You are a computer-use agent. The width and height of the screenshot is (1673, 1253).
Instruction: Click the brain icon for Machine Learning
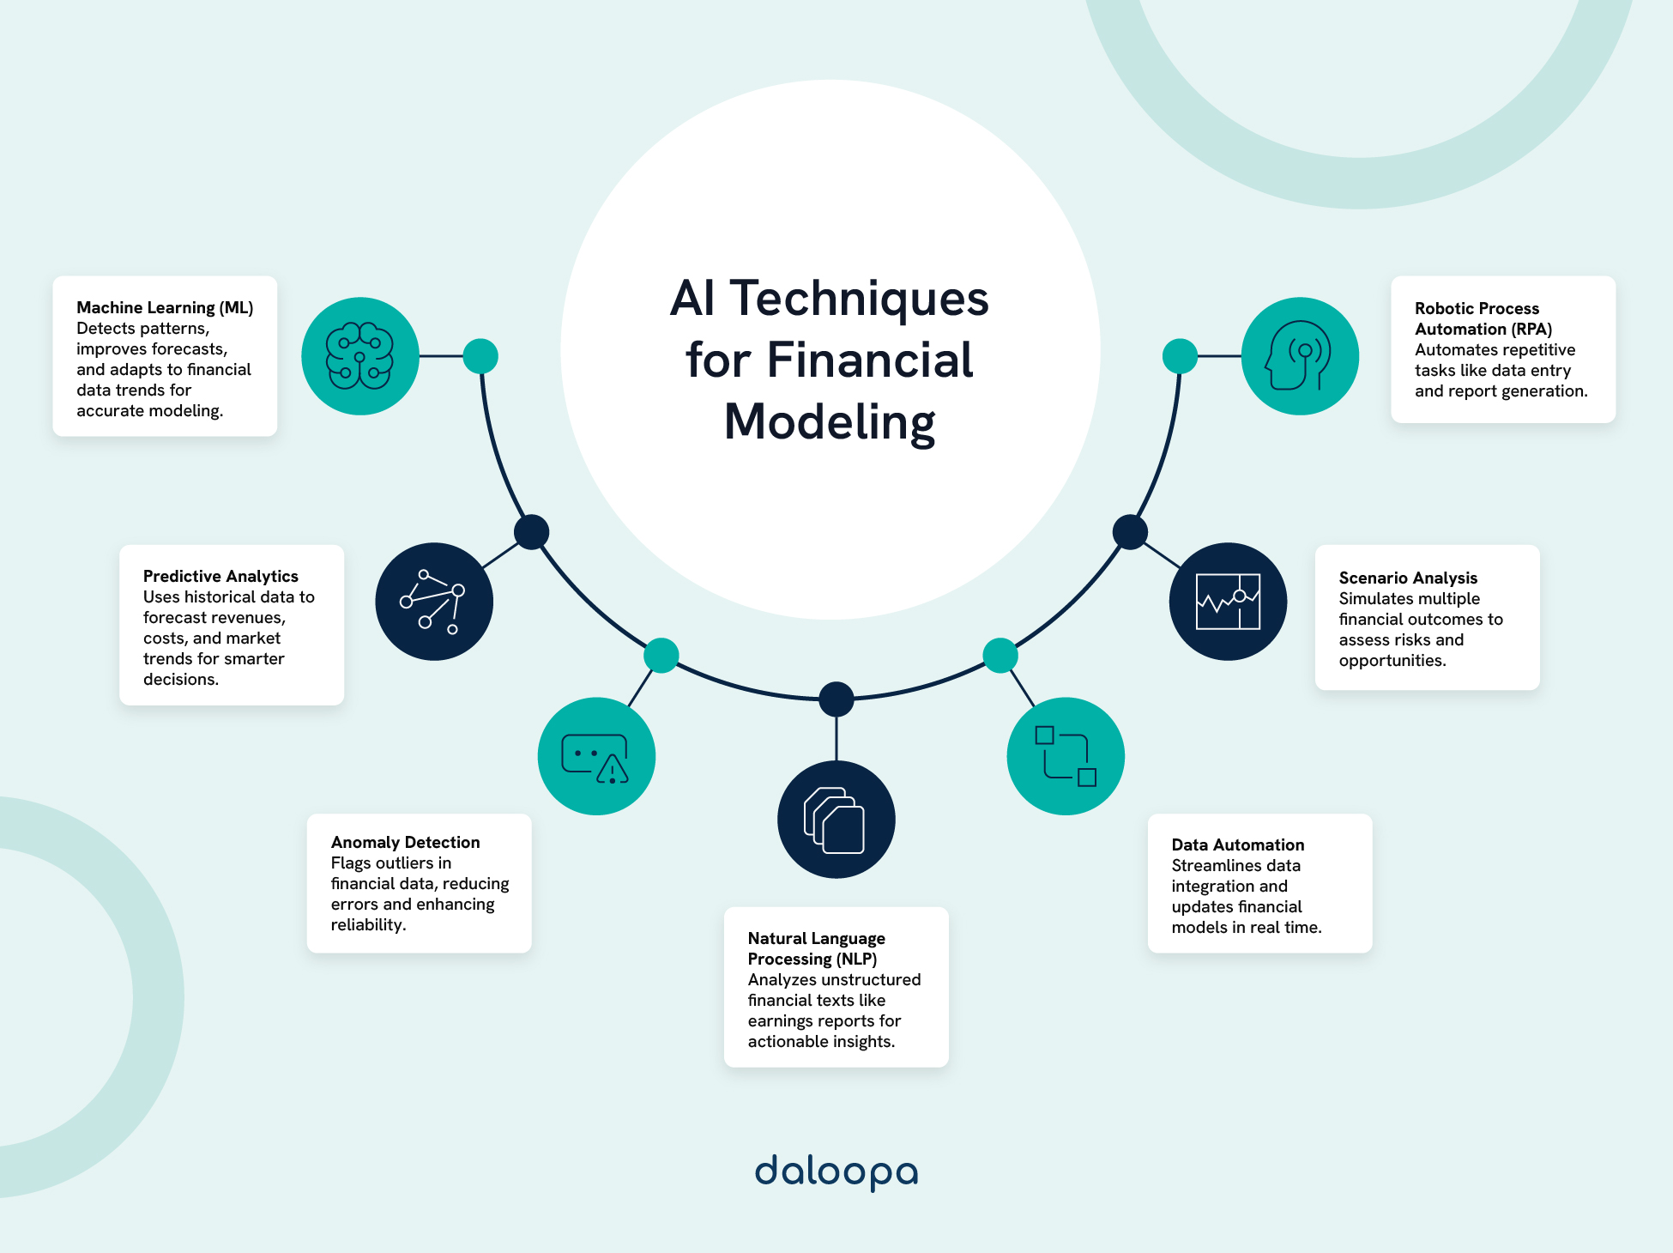[x=359, y=356]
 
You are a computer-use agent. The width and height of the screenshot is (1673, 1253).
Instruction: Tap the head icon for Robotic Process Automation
[x=1299, y=356]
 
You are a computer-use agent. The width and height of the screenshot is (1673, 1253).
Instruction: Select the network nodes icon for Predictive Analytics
[x=433, y=601]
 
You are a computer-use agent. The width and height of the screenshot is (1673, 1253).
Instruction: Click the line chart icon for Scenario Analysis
[x=1228, y=601]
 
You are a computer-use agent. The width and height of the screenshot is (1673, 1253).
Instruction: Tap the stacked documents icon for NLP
[x=836, y=820]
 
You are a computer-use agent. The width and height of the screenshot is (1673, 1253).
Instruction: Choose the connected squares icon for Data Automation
[x=1066, y=756]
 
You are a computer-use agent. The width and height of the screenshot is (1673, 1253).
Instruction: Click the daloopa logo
[x=836, y=1172]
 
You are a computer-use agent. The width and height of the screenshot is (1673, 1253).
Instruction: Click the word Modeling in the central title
[x=829, y=422]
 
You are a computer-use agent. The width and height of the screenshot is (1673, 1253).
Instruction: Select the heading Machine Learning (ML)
[x=165, y=307]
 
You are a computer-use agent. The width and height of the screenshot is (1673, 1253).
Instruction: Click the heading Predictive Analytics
[x=220, y=576]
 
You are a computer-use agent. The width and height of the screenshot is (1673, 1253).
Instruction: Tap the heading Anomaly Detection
[x=405, y=842]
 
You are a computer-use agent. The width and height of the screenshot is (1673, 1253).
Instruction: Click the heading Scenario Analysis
[x=1408, y=578]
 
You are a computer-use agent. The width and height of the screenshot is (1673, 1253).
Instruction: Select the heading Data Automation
[x=1237, y=844]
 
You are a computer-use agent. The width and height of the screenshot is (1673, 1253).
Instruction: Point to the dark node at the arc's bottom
[x=836, y=699]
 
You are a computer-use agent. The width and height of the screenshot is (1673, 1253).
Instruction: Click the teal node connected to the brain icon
[x=480, y=356]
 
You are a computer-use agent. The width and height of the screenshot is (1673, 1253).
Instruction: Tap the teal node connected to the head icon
[x=1180, y=356]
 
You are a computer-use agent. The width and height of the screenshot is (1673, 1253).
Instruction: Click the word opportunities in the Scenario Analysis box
[x=1391, y=660]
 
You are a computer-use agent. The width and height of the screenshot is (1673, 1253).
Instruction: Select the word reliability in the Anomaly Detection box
[x=367, y=924]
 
